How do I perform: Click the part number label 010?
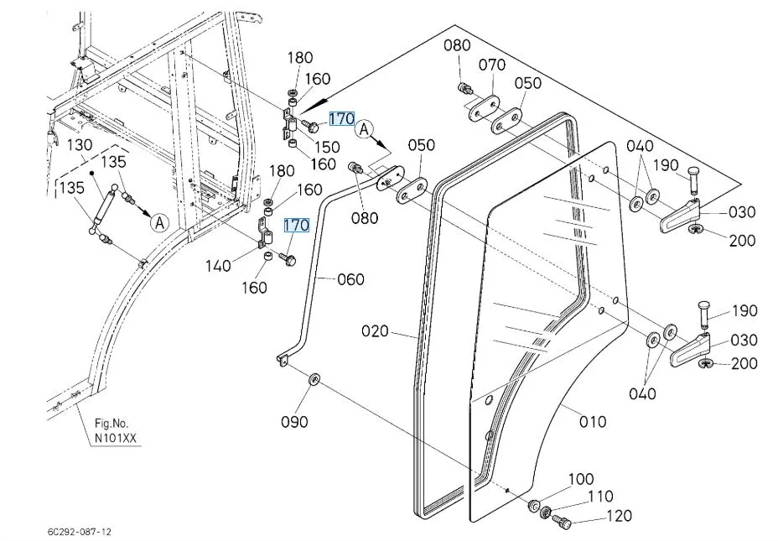pyautogui.click(x=593, y=421)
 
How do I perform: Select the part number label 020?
pyautogui.click(x=375, y=331)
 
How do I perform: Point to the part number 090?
pyautogui.click(x=293, y=421)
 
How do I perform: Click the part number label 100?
pyautogui.click(x=580, y=480)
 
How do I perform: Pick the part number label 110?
pyautogui.click(x=599, y=497)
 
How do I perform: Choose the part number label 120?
pyautogui.click(x=619, y=516)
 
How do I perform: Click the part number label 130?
pyautogui.click(x=80, y=144)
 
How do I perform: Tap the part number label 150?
pyautogui.click(x=327, y=147)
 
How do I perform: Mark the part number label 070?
pyautogui.click(x=492, y=64)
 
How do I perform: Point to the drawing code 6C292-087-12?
pyautogui.click(x=79, y=532)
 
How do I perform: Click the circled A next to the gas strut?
pyautogui.click(x=159, y=222)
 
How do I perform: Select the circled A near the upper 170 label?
pyautogui.click(x=364, y=129)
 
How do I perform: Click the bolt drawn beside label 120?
pyautogui.click(x=563, y=523)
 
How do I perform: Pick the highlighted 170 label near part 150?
pyautogui.click(x=342, y=119)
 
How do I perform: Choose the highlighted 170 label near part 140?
pyautogui.click(x=297, y=225)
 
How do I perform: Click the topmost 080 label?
pyautogui.click(x=457, y=44)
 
